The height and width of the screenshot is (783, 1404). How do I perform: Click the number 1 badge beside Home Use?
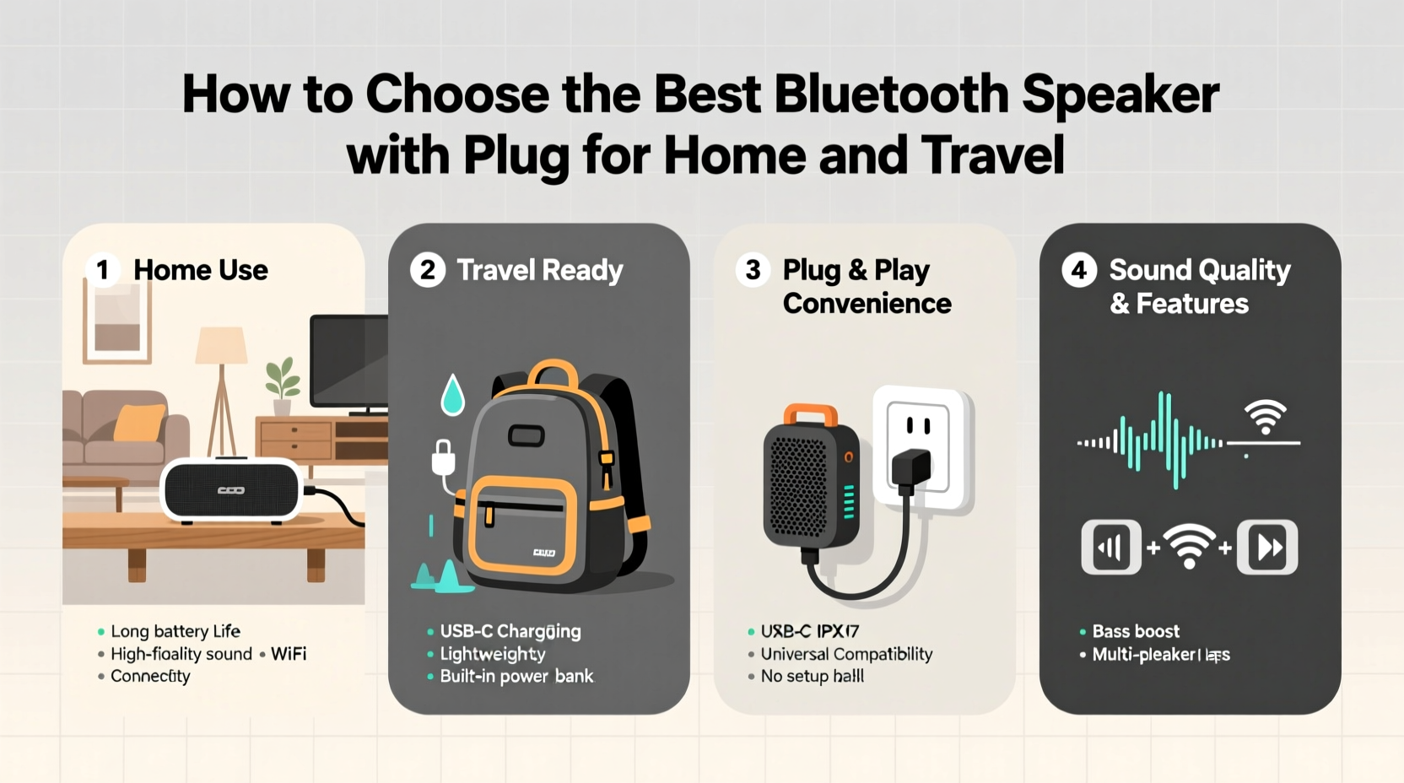[103, 270]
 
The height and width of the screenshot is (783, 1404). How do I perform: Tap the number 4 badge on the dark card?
[1078, 270]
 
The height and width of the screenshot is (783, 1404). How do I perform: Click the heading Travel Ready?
[539, 270]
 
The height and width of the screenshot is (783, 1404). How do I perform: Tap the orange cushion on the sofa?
[140, 422]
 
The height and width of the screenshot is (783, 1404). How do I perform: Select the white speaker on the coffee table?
[231, 490]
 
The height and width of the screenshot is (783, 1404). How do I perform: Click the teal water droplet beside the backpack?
[453, 395]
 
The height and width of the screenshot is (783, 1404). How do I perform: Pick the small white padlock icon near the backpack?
[443, 458]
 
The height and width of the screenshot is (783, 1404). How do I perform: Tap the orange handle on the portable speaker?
[810, 414]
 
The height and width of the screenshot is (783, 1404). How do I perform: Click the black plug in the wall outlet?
[911, 470]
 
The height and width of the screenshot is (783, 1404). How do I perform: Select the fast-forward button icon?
[1267, 548]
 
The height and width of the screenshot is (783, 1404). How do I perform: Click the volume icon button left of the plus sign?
[1111, 548]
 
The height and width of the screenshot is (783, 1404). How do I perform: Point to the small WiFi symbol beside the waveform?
[1265, 417]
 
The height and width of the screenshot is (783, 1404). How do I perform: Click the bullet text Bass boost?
[1135, 631]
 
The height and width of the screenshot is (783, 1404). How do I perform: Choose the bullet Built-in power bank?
[516, 676]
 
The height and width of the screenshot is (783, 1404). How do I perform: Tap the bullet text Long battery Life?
[175, 631]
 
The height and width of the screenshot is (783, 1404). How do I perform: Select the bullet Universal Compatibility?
[846, 654]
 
